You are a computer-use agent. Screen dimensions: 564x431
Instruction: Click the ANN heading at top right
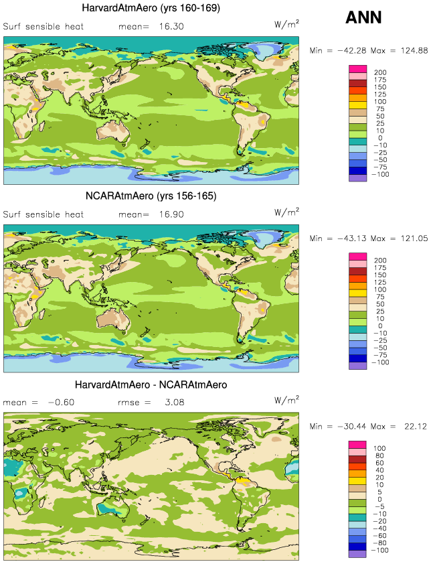click(x=363, y=17)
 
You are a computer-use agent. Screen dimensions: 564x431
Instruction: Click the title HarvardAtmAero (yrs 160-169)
click(x=151, y=7)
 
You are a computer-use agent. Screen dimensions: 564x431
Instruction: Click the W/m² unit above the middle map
click(x=286, y=212)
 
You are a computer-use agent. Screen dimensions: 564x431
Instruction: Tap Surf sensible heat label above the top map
click(x=44, y=27)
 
